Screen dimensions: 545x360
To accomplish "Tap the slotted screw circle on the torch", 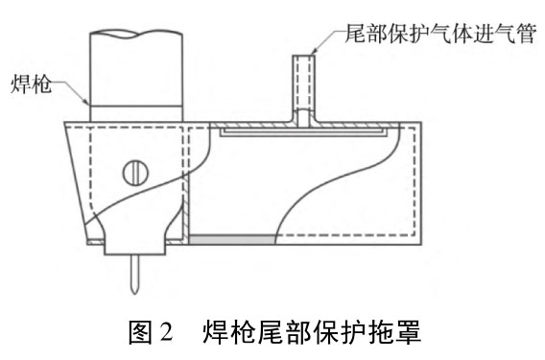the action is coord(135,173).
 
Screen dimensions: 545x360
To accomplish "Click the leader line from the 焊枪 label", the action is coord(73,90).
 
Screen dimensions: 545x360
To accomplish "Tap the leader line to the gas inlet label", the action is coord(326,39).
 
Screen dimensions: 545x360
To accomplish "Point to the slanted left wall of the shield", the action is coord(76,182).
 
